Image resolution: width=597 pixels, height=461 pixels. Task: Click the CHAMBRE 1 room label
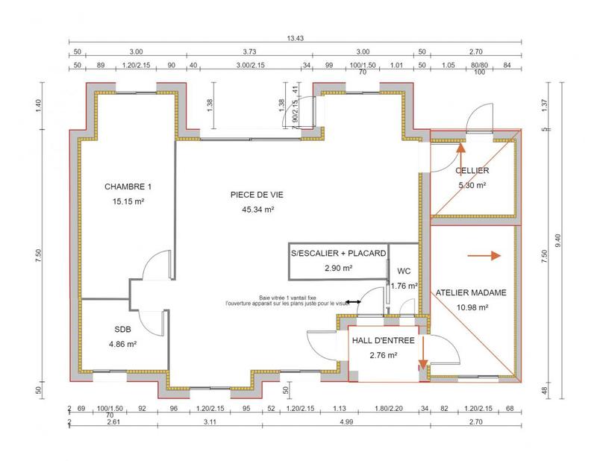click(x=128, y=186)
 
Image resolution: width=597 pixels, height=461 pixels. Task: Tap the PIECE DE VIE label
click(x=257, y=195)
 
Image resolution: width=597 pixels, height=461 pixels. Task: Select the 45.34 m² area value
click(x=257, y=210)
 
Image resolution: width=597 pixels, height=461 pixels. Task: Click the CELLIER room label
click(x=472, y=171)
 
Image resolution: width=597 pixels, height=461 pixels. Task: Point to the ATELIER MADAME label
click(x=471, y=293)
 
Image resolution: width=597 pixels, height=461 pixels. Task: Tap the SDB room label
click(x=122, y=329)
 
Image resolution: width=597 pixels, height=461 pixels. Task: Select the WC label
click(x=404, y=271)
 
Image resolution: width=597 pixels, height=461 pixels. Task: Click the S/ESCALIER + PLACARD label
click(x=338, y=254)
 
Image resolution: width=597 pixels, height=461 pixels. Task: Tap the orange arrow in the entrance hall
click(x=422, y=354)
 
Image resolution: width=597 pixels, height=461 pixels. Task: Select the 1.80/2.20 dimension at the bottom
click(x=389, y=410)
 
